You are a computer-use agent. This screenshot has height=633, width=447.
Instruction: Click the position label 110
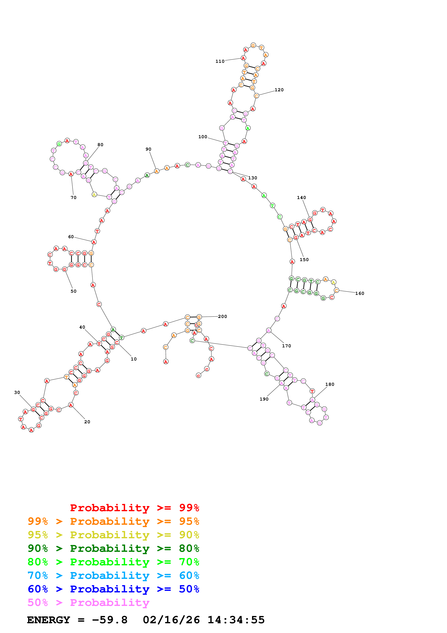pos(220,61)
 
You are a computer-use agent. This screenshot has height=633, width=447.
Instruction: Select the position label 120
pos(279,90)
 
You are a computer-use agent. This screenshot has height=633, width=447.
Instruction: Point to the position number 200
pos(223,316)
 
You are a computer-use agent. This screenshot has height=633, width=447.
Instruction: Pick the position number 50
pos(74,291)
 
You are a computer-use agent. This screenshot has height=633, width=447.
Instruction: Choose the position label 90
pos(148,149)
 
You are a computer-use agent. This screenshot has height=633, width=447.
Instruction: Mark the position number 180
pos(330,384)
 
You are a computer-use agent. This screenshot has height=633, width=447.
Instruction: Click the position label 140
pos(301,198)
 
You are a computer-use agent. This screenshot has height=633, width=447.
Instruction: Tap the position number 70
pos(74,198)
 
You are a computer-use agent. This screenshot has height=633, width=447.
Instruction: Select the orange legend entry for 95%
pos(113,521)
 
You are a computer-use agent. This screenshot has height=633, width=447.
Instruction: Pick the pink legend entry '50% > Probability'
pos(88,603)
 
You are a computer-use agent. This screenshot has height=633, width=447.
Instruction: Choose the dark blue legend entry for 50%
pos(113,589)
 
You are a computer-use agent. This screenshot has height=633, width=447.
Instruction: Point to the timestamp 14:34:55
pos(236,620)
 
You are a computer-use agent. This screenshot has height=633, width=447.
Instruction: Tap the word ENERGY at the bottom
pos(49,620)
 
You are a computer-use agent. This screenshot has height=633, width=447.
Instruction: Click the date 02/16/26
pos(171,620)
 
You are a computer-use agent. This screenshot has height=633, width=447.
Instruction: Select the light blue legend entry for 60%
pos(113,576)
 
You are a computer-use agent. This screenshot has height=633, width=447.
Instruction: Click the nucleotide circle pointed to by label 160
pos(336,290)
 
